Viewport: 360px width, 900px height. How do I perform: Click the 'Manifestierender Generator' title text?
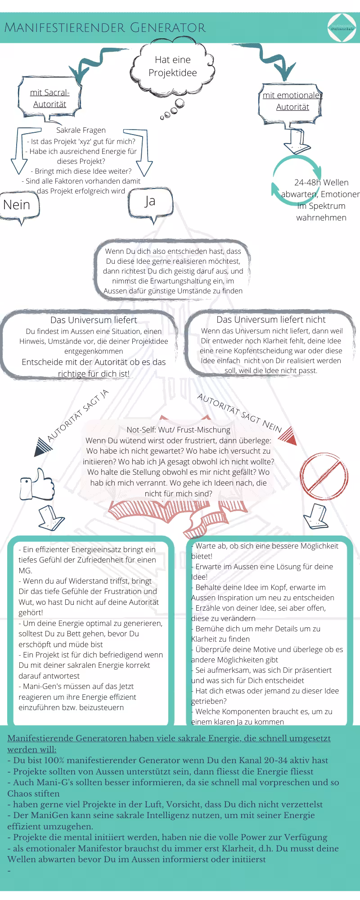click(x=105, y=28)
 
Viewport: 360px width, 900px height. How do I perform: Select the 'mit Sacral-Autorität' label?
click(x=49, y=98)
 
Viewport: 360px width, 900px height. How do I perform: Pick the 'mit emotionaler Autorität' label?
click(x=292, y=101)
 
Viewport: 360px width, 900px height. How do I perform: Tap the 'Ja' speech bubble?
click(x=150, y=202)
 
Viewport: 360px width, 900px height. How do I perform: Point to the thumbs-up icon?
click(x=37, y=485)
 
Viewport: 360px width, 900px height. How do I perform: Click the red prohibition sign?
click(x=324, y=473)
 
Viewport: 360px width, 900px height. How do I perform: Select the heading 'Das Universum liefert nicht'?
click(x=271, y=319)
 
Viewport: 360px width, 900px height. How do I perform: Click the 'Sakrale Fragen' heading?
click(x=81, y=130)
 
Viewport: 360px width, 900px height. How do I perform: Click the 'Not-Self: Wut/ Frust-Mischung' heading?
click(x=178, y=430)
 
